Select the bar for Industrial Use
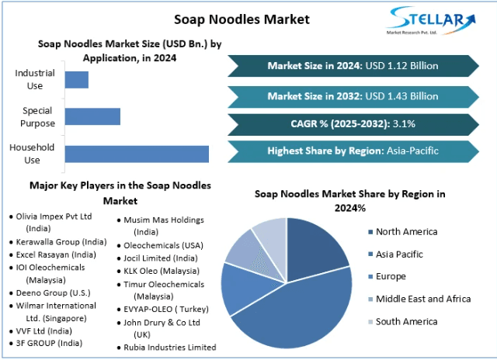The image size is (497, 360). pyautogui.click(x=76, y=79)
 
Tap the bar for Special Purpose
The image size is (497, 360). pyautogui.click(x=92, y=116)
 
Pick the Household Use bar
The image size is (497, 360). pyautogui.click(x=136, y=154)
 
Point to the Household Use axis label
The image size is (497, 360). pyautogui.click(x=32, y=154)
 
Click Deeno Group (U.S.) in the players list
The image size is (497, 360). pyautogui.click(x=49, y=293)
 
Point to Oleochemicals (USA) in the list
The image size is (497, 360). pyautogui.click(x=163, y=245)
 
